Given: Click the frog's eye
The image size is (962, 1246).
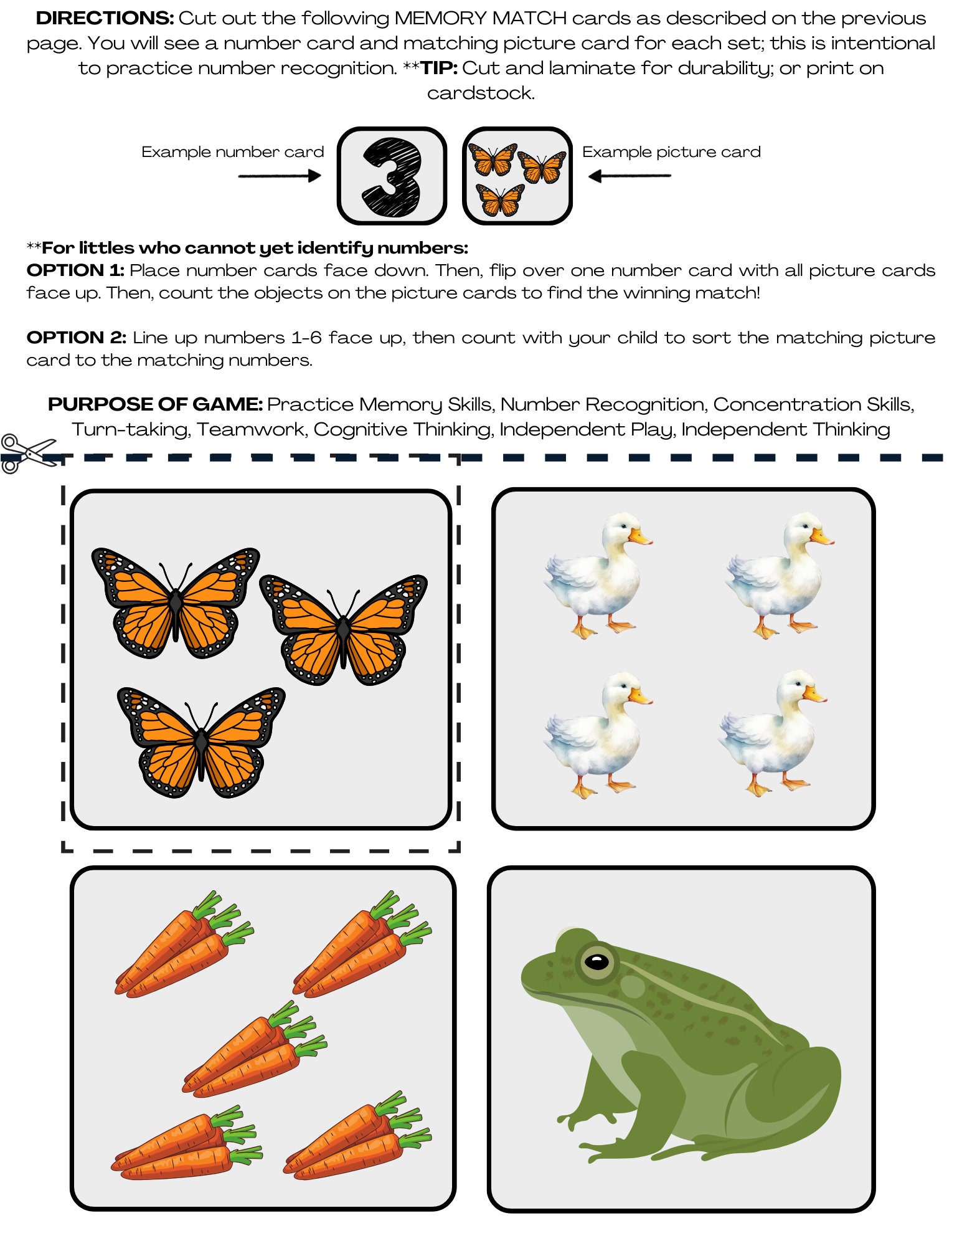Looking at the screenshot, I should coord(597,961).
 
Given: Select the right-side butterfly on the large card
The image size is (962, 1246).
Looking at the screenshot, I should coord(343,629).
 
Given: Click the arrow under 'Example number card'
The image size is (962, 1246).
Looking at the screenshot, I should coord(279,176).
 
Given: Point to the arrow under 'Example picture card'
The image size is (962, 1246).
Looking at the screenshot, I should coord(629,176).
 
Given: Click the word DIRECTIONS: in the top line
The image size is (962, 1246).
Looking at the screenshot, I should coord(105,18).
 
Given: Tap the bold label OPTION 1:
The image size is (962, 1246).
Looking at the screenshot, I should coord(75,270).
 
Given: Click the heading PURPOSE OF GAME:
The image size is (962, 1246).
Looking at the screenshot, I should coord(155,404).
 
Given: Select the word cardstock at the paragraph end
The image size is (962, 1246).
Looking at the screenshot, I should coord(479,93).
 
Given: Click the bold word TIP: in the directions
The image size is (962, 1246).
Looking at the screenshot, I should coord(439,68).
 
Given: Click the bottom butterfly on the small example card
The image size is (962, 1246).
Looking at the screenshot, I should coord(500,201).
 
